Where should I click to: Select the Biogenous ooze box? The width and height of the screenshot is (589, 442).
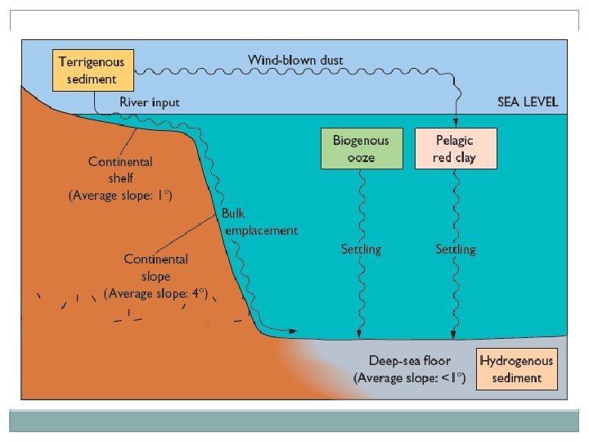point(362,148)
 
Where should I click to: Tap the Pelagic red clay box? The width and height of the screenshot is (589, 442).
point(456,148)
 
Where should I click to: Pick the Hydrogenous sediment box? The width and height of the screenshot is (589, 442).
point(516,369)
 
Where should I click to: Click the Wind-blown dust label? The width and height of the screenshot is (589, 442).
point(295,60)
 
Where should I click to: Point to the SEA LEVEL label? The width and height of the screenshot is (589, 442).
point(528,102)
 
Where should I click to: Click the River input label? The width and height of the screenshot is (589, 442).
point(150,102)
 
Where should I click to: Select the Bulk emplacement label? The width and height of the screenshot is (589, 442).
point(259,222)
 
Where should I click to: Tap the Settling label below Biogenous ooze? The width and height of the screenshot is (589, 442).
point(361,248)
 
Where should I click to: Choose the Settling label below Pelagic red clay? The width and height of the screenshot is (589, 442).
point(456,248)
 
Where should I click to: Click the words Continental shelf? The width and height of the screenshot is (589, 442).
point(122,169)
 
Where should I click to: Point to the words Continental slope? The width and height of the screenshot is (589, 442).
point(155,268)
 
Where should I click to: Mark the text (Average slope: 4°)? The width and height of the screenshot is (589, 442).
point(155,293)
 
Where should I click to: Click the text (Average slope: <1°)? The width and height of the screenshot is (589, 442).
point(409,378)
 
